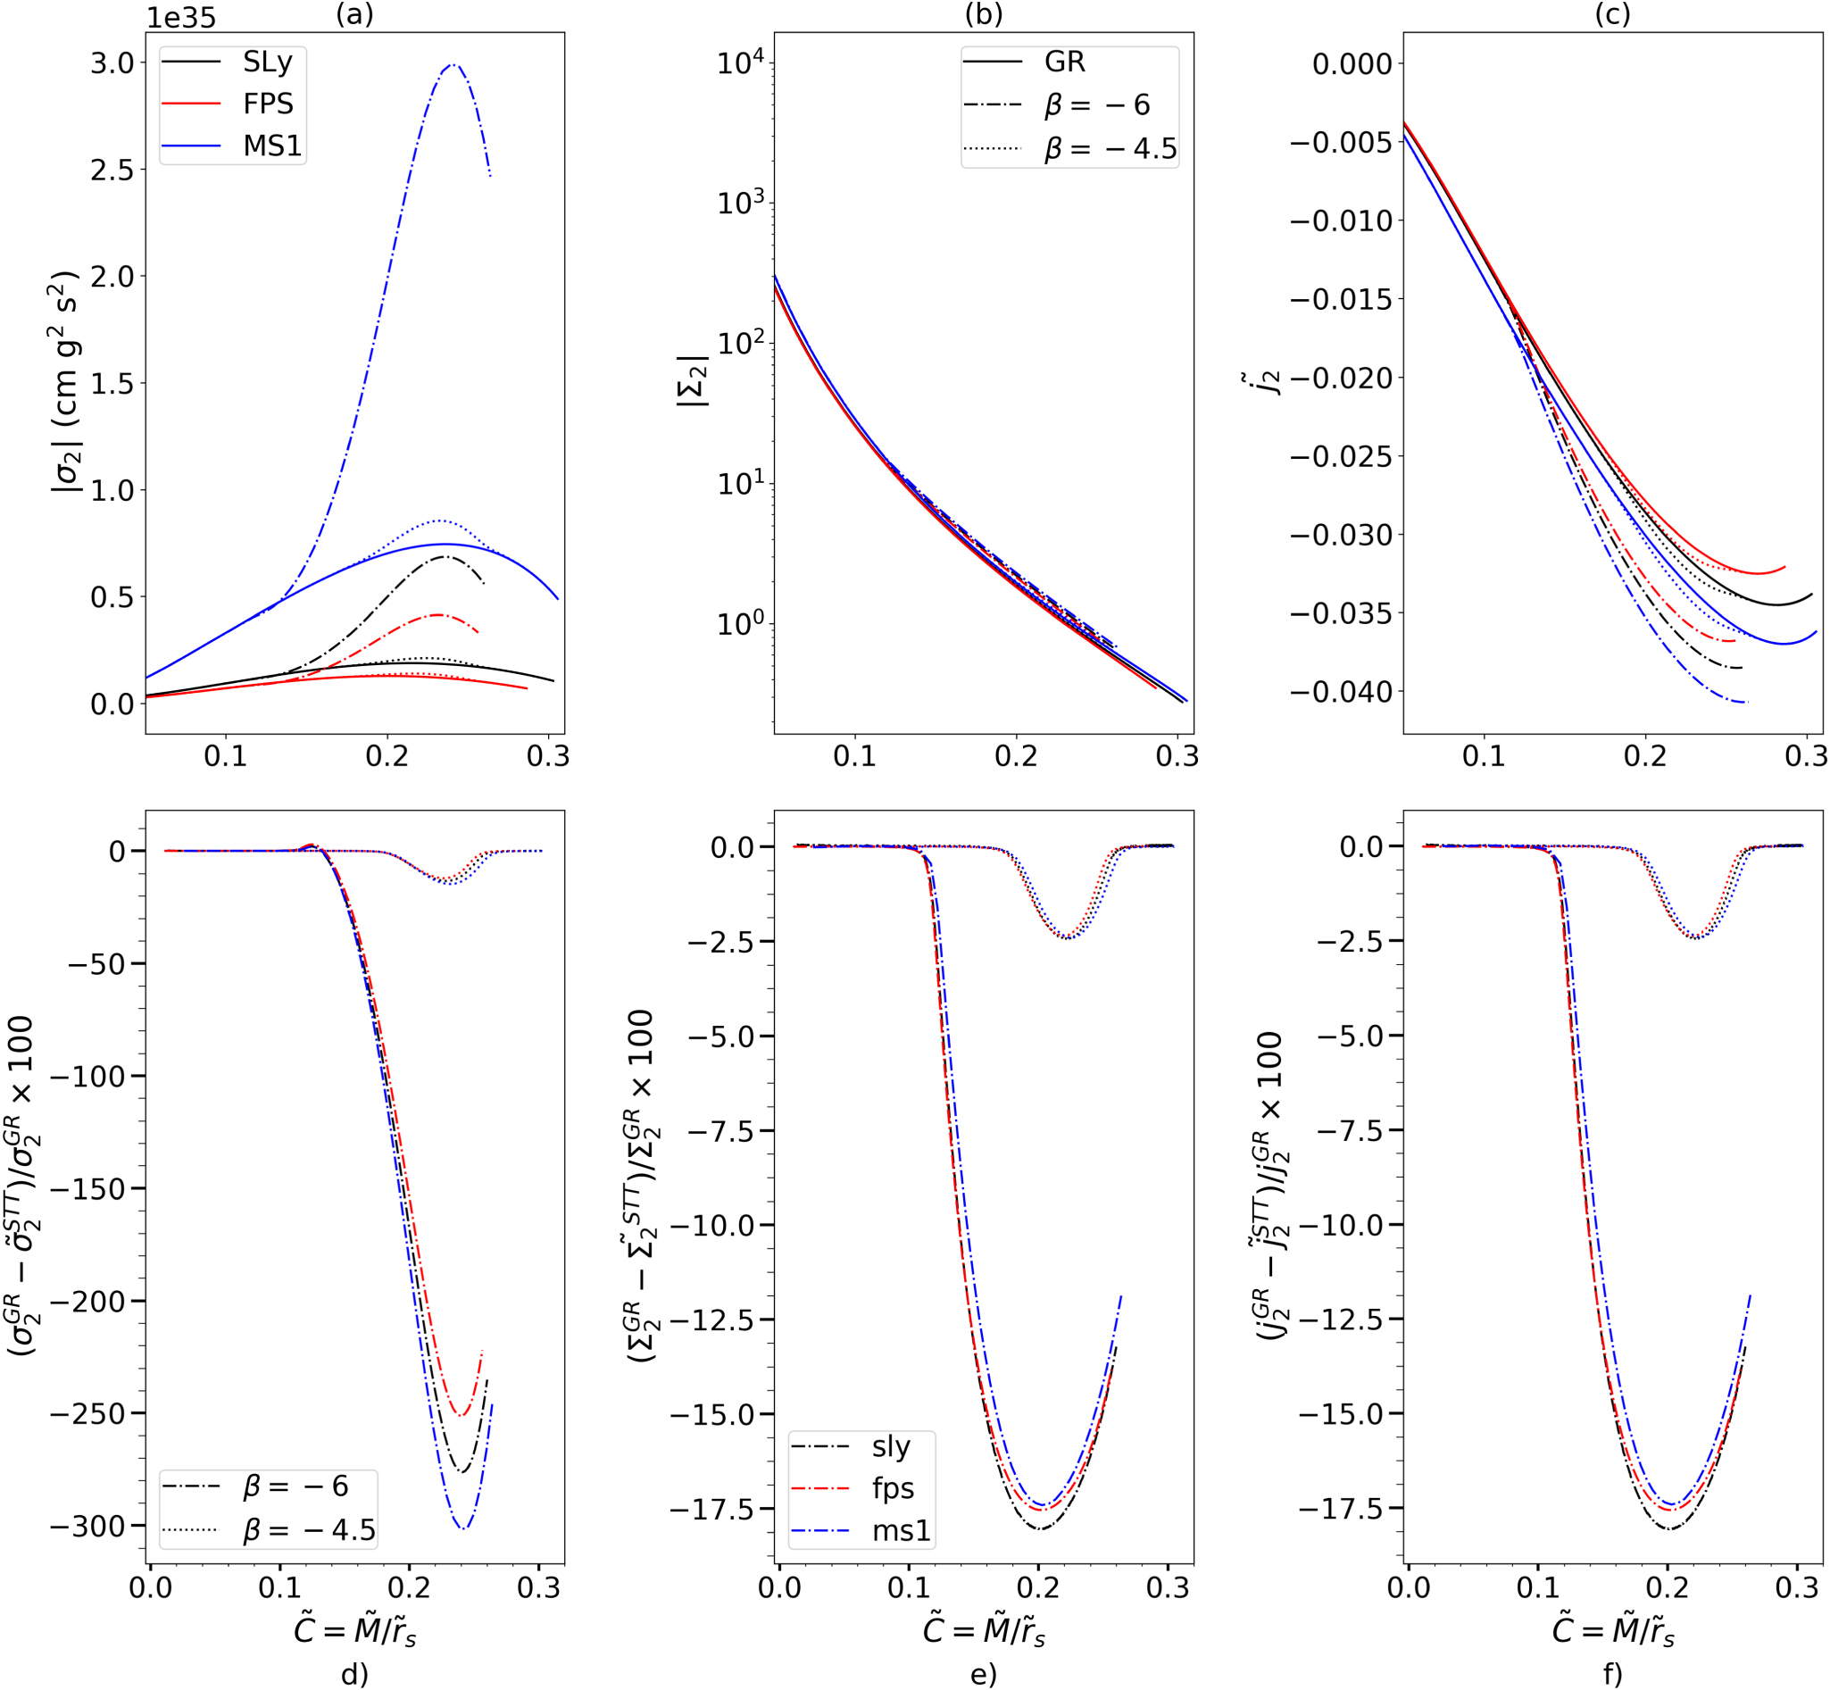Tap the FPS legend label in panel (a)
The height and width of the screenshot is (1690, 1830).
[268, 104]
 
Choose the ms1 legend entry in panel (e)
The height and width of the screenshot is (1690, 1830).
[900, 1531]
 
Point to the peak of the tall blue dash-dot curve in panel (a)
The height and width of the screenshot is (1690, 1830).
[453, 65]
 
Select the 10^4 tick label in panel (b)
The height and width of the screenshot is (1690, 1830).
[741, 63]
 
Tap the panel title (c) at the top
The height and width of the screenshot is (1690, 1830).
[1611, 13]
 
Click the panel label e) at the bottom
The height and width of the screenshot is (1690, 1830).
[983, 1675]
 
